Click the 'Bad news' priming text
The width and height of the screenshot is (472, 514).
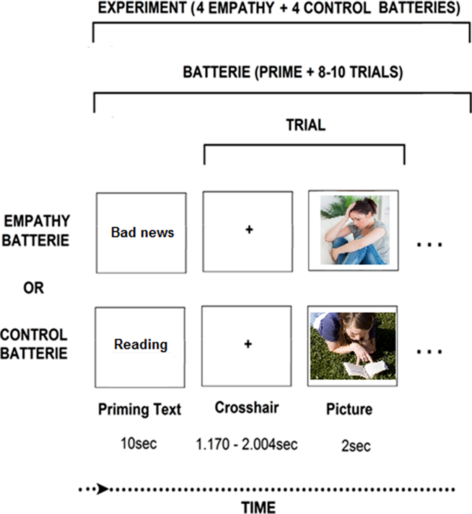click(x=142, y=232)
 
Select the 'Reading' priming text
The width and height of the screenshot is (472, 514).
click(x=141, y=344)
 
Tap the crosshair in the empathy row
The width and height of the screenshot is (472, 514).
click(x=249, y=230)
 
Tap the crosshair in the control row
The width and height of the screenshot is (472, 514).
click(x=248, y=344)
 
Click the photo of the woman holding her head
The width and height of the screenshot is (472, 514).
click(x=355, y=230)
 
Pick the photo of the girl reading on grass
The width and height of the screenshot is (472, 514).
click(x=353, y=346)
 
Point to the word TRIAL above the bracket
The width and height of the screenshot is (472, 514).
click(x=306, y=125)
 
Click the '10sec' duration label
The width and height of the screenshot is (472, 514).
click(x=138, y=444)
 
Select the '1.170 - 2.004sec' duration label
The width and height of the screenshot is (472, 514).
click(x=247, y=444)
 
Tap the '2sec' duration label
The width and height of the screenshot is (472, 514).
click(x=356, y=446)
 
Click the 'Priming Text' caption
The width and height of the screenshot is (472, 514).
click(x=140, y=409)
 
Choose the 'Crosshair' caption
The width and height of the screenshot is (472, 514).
click(x=247, y=408)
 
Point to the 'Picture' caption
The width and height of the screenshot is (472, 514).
click(x=349, y=409)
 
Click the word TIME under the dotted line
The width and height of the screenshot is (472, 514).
click(x=259, y=507)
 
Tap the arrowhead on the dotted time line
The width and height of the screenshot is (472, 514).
click(x=102, y=489)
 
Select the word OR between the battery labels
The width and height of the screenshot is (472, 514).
click(x=34, y=288)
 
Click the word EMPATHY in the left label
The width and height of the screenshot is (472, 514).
click(x=37, y=221)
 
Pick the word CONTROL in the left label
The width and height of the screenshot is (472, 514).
click(x=34, y=335)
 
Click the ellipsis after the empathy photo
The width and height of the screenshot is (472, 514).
click(x=430, y=244)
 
